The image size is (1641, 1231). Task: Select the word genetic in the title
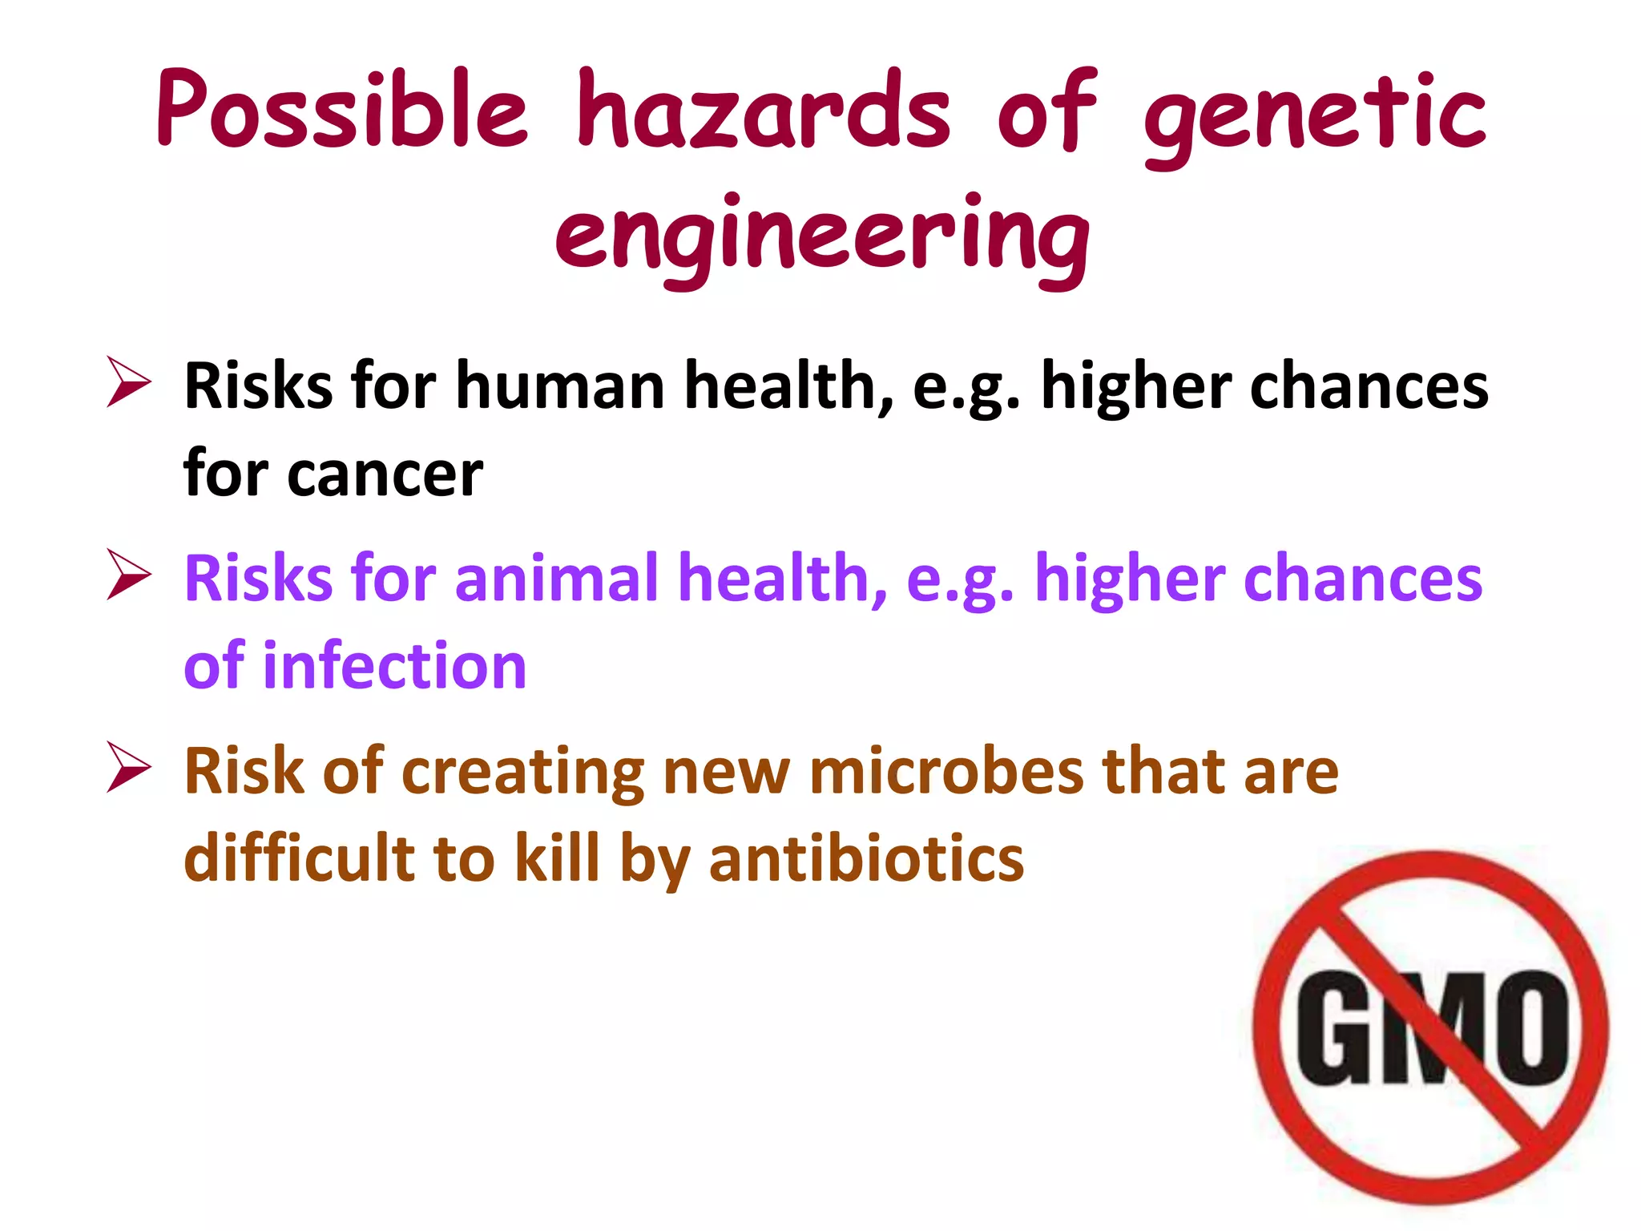point(1314,116)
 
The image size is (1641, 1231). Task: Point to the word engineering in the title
point(821,236)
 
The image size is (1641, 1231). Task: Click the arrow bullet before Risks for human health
point(129,384)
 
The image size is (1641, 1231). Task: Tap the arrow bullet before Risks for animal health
point(129,575)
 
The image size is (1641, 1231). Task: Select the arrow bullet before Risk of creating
point(129,769)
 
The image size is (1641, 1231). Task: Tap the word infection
point(394,666)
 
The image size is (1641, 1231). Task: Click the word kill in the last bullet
point(557,858)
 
